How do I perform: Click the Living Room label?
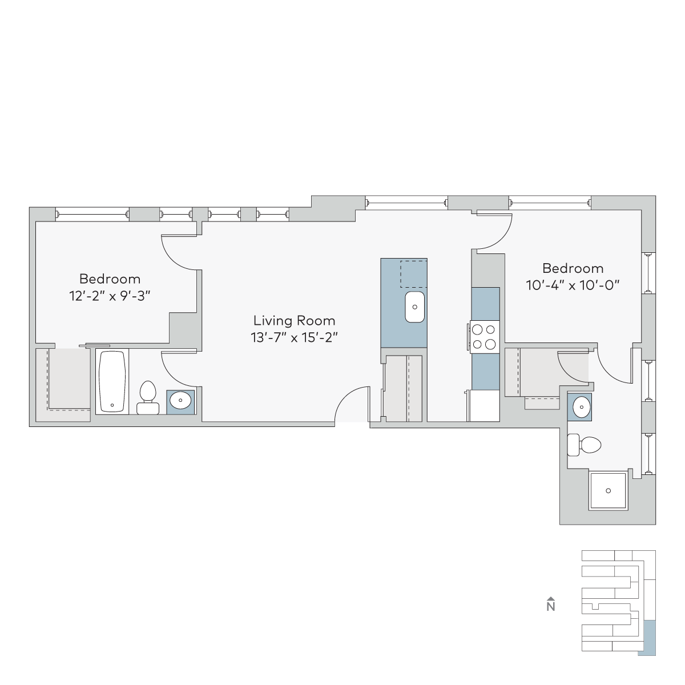click(x=294, y=321)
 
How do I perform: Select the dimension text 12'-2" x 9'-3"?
click(x=110, y=296)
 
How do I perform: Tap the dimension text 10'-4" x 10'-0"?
click(x=573, y=285)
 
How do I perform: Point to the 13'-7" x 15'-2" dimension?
click(x=294, y=337)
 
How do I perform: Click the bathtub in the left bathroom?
click(x=112, y=381)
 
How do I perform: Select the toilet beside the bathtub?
click(x=148, y=397)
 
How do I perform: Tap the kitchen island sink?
click(x=414, y=307)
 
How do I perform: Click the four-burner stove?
click(x=484, y=337)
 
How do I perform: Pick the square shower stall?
click(x=608, y=491)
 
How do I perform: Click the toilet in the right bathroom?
click(x=584, y=445)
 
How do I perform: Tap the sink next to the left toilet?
click(x=180, y=400)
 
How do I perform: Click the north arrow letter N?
click(x=551, y=606)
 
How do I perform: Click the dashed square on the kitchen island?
click(x=414, y=274)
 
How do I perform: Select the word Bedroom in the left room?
click(x=110, y=279)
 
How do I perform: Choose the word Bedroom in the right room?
click(x=573, y=268)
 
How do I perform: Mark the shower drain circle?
click(x=608, y=491)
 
